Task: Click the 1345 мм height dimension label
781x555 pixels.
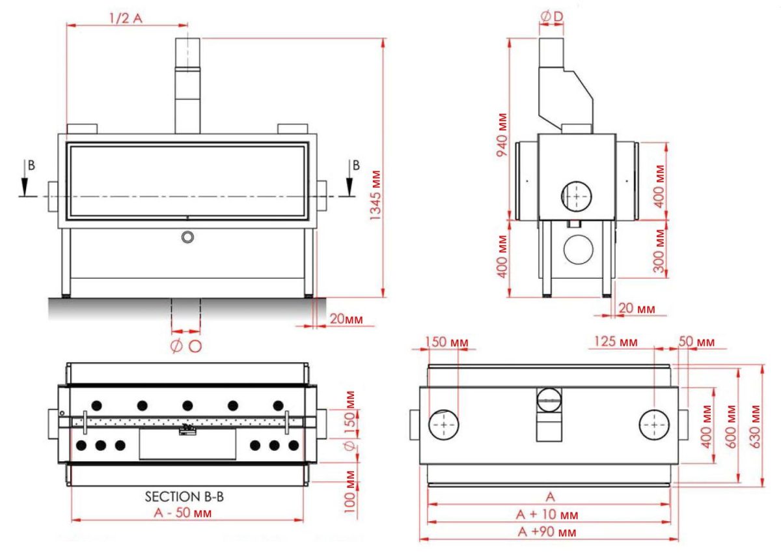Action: (376, 195)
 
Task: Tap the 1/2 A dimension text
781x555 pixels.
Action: (126, 18)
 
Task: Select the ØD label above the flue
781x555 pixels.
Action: (552, 16)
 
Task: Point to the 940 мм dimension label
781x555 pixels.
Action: (502, 135)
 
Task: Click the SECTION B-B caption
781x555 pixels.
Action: (184, 496)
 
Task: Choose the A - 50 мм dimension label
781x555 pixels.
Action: (183, 513)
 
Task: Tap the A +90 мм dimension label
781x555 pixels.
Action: (547, 532)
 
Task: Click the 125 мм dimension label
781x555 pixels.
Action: (616, 341)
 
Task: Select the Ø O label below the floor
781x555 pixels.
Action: (186, 346)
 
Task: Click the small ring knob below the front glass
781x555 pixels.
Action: (187, 237)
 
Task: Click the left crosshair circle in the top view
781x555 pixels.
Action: (443, 425)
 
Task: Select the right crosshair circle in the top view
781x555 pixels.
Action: (654, 425)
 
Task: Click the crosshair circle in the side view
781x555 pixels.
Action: (577, 196)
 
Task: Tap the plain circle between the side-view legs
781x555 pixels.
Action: (579, 249)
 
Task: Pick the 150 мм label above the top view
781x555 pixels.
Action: (446, 342)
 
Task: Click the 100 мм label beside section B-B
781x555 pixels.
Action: (349, 492)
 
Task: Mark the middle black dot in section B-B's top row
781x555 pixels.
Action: (187, 406)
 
